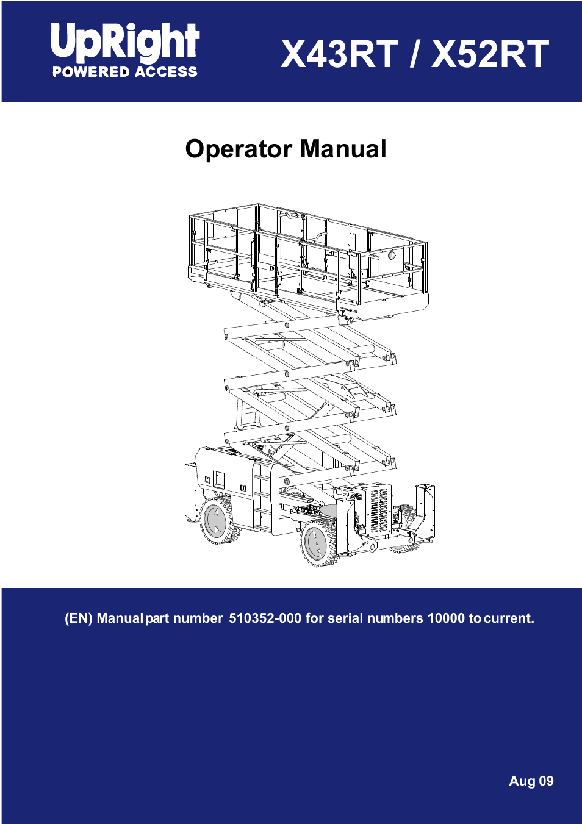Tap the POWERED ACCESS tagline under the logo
coord(124,72)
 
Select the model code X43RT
coord(339,54)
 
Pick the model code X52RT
coord(490,54)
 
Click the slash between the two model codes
coord(415,54)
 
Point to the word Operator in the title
coord(239,149)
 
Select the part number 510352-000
coord(265,618)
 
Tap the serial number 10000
coord(446,618)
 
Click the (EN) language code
coord(79,618)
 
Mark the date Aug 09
coord(531,781)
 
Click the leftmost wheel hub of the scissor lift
coord(215,521)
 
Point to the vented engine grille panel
coord(379,510)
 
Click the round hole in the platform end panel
coord(392,256)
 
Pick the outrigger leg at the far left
coord(191,491)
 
